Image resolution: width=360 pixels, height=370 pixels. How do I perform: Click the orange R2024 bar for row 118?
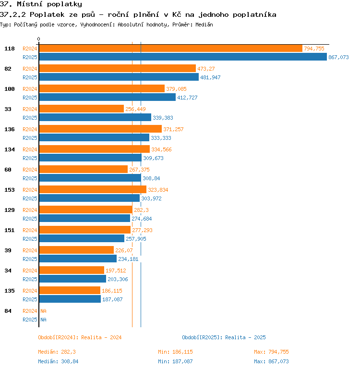(x=171, y=49)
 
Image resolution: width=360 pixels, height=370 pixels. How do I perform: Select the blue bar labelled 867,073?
(x=183, y=57)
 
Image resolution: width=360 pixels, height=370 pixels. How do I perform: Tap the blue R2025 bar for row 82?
(x=119, y=77)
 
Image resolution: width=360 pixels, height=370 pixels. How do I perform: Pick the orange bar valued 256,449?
(x=82, y=109)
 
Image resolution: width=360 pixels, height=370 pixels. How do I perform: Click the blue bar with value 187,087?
(x=70, y=299)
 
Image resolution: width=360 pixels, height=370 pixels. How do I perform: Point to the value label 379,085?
(x=176, y=89)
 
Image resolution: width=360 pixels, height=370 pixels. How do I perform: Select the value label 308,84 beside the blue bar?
(x=151, y=178)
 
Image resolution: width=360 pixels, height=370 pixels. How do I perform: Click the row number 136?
(x=10, y=129)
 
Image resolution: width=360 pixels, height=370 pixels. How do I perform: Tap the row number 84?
(x=8, y=311)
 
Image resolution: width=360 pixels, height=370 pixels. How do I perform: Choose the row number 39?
(x=8, y=250)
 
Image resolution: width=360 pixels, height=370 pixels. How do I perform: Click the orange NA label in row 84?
(x=43, y=311)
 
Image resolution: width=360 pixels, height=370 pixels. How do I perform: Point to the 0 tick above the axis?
(x=39, y=39)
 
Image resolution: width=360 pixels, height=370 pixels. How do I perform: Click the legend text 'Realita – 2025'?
(x=245, y=337)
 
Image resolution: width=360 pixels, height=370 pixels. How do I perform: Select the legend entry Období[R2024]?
(x=58, y=337)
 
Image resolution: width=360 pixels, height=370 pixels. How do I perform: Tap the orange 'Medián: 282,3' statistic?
(x=57, y=352)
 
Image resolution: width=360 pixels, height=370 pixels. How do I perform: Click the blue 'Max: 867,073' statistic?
(x=271, y=361)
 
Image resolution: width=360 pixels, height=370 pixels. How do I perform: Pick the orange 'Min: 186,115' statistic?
(x=175, y=352)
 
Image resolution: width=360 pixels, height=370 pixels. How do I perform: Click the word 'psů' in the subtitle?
(x=88, y=14)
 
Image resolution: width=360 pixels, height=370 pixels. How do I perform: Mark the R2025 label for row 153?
(x=30, y=198)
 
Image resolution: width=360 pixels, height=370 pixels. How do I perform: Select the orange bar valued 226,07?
(x=77, y=250)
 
